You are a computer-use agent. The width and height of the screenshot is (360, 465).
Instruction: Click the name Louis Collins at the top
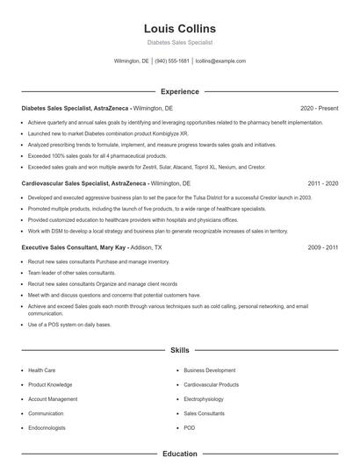179,28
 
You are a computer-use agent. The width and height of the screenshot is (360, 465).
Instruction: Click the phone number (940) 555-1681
172,61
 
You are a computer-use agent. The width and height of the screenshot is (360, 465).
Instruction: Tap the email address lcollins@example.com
220,61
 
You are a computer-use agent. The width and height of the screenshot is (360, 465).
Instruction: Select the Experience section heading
179,91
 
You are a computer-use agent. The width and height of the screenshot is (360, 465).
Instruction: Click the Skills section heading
179,350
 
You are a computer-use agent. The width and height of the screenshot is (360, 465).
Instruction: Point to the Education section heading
179,454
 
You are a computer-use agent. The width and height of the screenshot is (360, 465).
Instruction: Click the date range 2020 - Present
319,108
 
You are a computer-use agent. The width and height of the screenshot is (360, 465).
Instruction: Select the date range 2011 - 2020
322,183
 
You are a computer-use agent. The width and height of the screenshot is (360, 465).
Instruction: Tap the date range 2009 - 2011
322,248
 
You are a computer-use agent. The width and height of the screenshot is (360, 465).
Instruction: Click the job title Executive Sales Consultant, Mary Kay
74,248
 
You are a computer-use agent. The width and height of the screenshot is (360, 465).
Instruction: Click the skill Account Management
53,398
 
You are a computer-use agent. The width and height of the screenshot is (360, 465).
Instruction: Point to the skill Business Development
209,370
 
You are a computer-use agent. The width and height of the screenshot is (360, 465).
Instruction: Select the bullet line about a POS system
69,325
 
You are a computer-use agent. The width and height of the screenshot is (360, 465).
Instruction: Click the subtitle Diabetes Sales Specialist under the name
179,42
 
